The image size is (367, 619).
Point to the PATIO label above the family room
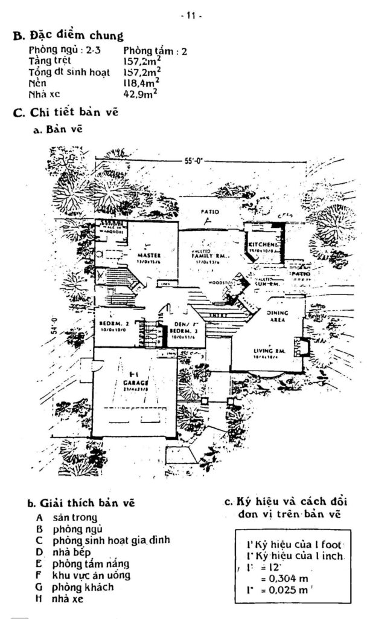pos(208,212)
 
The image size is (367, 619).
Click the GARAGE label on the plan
pos(135,382)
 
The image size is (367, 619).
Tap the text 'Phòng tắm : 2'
pos(155,51)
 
